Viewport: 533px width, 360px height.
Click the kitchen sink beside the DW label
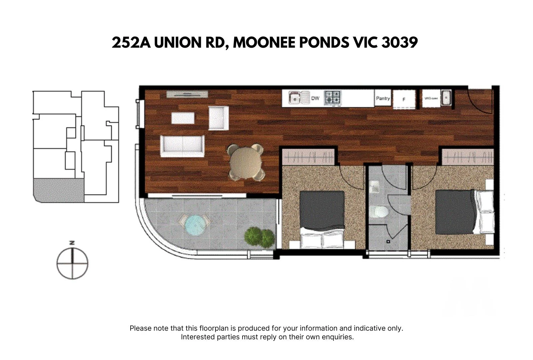[294, 98]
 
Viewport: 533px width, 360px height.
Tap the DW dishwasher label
[315, 98]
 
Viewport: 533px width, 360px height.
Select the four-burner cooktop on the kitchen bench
[332, 97]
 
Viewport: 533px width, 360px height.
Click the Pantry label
[383, 98]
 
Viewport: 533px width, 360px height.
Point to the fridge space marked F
[404, 99]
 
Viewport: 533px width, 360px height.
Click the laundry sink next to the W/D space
[446, 98]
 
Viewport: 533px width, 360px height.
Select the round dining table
[246, 162]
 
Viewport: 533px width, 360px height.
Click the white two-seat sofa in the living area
[182, 146]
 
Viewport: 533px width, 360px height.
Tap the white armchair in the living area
[219, 118]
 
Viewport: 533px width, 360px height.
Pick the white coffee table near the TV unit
[183, 118]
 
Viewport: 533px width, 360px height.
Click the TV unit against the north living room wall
[187, 94]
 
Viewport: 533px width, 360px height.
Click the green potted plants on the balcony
[260, 237]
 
